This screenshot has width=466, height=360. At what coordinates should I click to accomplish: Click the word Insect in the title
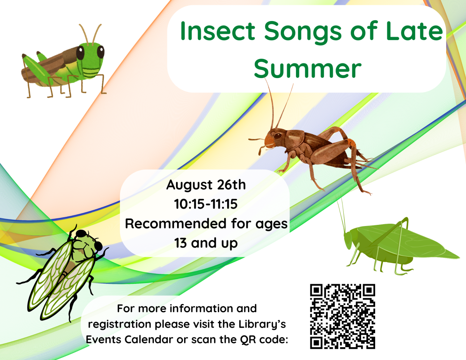[x=218, y=31]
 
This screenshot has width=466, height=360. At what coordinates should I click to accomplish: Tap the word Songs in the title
[x=303, y=33]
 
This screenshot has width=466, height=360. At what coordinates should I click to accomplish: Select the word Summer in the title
[x=308, y=69]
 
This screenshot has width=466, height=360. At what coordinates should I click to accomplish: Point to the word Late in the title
[x=414, y=31]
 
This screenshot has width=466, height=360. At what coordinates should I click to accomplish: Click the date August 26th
[x=206, y=185]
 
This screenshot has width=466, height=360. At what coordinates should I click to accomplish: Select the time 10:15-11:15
[x=206, y=204]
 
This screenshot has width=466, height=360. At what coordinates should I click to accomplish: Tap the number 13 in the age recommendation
[x=180, y=243]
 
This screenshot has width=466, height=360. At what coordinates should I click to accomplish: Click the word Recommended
[x=176, y=224]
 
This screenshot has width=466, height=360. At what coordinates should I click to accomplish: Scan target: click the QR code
[x=343, y=317]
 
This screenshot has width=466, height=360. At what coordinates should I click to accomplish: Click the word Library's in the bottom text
[x=262, y=324]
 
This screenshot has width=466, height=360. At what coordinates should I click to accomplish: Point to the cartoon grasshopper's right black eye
[x=101, y=52]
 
